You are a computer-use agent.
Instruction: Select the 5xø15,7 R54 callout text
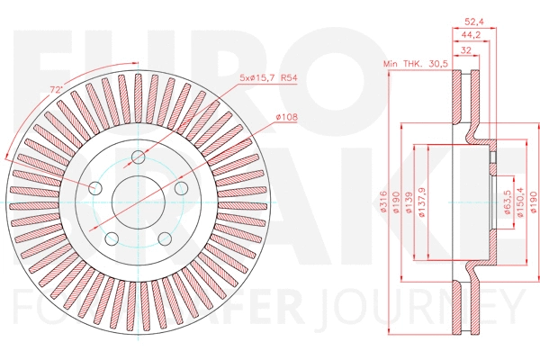[266, 79]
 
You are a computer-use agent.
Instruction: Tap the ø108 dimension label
[286, 117]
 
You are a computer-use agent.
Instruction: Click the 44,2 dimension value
[472, 35]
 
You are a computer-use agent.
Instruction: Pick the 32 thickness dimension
[465, 51]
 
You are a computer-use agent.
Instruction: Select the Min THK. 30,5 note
[414, 65]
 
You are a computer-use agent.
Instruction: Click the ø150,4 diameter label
[519, 203]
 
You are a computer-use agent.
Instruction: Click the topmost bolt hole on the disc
[139, 158]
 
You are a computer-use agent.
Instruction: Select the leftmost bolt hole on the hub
[95, 186]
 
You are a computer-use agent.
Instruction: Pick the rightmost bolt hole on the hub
[181, 186]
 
